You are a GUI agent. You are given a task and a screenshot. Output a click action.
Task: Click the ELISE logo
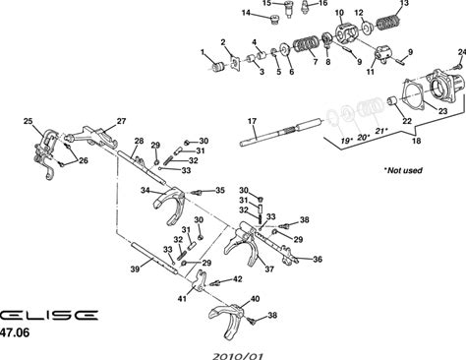pyautogui.click(x=48, y=315)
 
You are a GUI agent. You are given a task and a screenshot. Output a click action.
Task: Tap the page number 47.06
pyautogui.click(x=15, y=332)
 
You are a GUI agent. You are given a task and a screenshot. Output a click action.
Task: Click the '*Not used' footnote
pyautogui.click(x=403, y=170)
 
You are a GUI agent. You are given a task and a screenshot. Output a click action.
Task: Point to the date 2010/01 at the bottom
pyautogui.click(x=238, y=356)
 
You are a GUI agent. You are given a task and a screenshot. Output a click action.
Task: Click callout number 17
pyautogui.click(x=252, y=121)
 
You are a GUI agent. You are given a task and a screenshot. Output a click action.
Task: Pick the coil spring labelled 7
pyautogui.click(x=304, y=44)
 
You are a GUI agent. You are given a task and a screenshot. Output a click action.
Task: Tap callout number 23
pyautogui.click(x=442, y=111)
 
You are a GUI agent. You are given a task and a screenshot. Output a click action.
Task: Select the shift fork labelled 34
pyautogui.click(x=169, y=205)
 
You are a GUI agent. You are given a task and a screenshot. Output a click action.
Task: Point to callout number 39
pyautogui.click(x=135, y=270)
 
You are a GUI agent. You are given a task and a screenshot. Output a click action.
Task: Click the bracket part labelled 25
pyautogui.click(x=45, y=154)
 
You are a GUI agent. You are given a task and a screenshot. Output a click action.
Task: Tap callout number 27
pyautogui.click(x=121, y=121)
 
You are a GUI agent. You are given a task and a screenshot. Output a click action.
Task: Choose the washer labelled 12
pyautogui.click(x=367, y=27)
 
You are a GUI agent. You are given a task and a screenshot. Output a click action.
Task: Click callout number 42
pyautogui.click(x=237, y=279)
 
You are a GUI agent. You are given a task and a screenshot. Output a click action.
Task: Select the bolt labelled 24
pyautogui.click(x=455, y=67)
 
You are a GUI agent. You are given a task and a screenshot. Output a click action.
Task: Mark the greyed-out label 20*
pyautogui.click(x=364, y=137)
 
